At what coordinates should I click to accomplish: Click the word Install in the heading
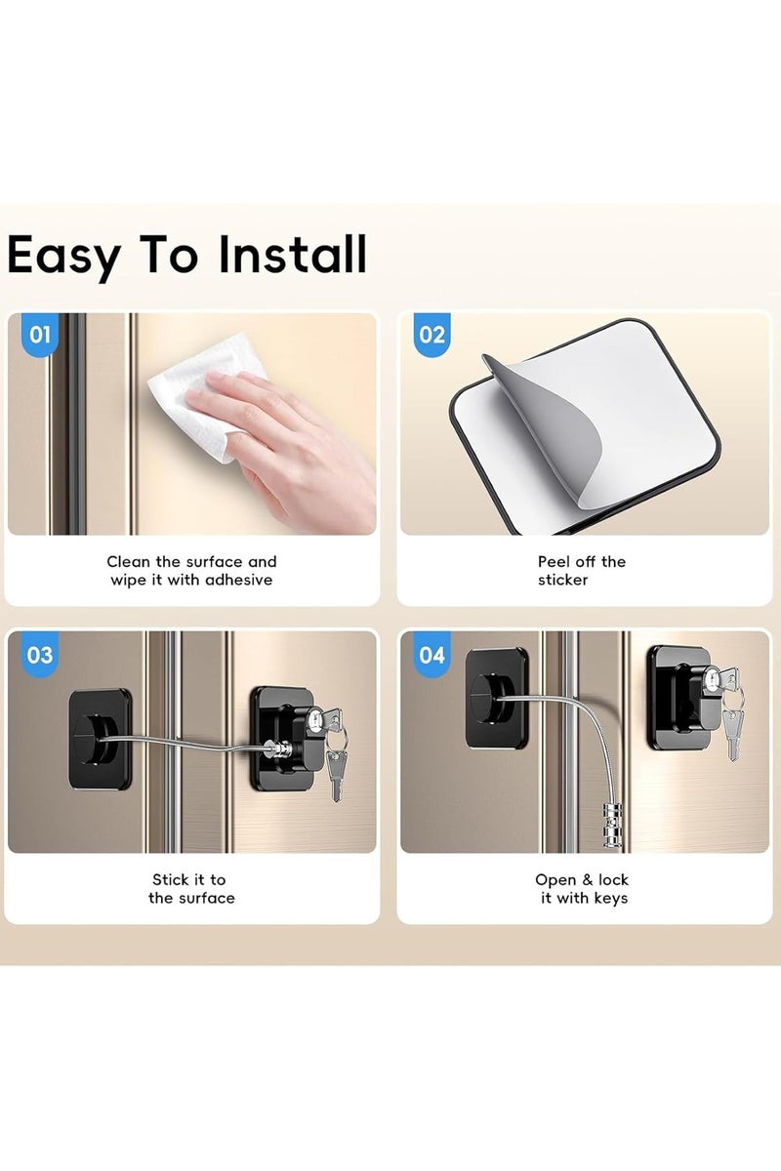pyautogui.click(x=292, y=254)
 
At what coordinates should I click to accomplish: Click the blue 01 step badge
pyautogui.click(x=40, y=335)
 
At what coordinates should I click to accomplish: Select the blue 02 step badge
pyautogui.click(x=432, y=335)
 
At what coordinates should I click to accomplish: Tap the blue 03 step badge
pyautogui.click(x=40, y=655)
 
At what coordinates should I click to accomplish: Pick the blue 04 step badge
pyautogui.click(x=432, y=655)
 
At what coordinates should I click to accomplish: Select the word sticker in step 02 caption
pyautogui.click(x=563, y=580)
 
